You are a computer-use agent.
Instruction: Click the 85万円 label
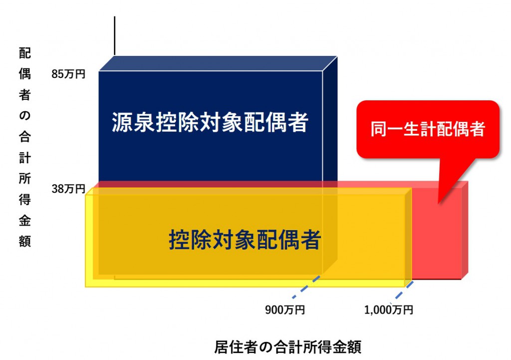click(68, 74)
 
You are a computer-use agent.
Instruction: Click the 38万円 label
click(68, 189)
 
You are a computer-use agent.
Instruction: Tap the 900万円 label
click(285, 310)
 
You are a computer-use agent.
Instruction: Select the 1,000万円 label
click(389, 310)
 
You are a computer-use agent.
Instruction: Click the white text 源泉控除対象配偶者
click(209, 123)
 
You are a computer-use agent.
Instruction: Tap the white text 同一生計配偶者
click(428, 130)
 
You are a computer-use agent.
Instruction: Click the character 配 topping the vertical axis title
click(24, 53)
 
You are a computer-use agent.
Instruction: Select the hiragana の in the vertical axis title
click(24, 116)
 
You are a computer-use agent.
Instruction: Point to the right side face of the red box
click(465, 230)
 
